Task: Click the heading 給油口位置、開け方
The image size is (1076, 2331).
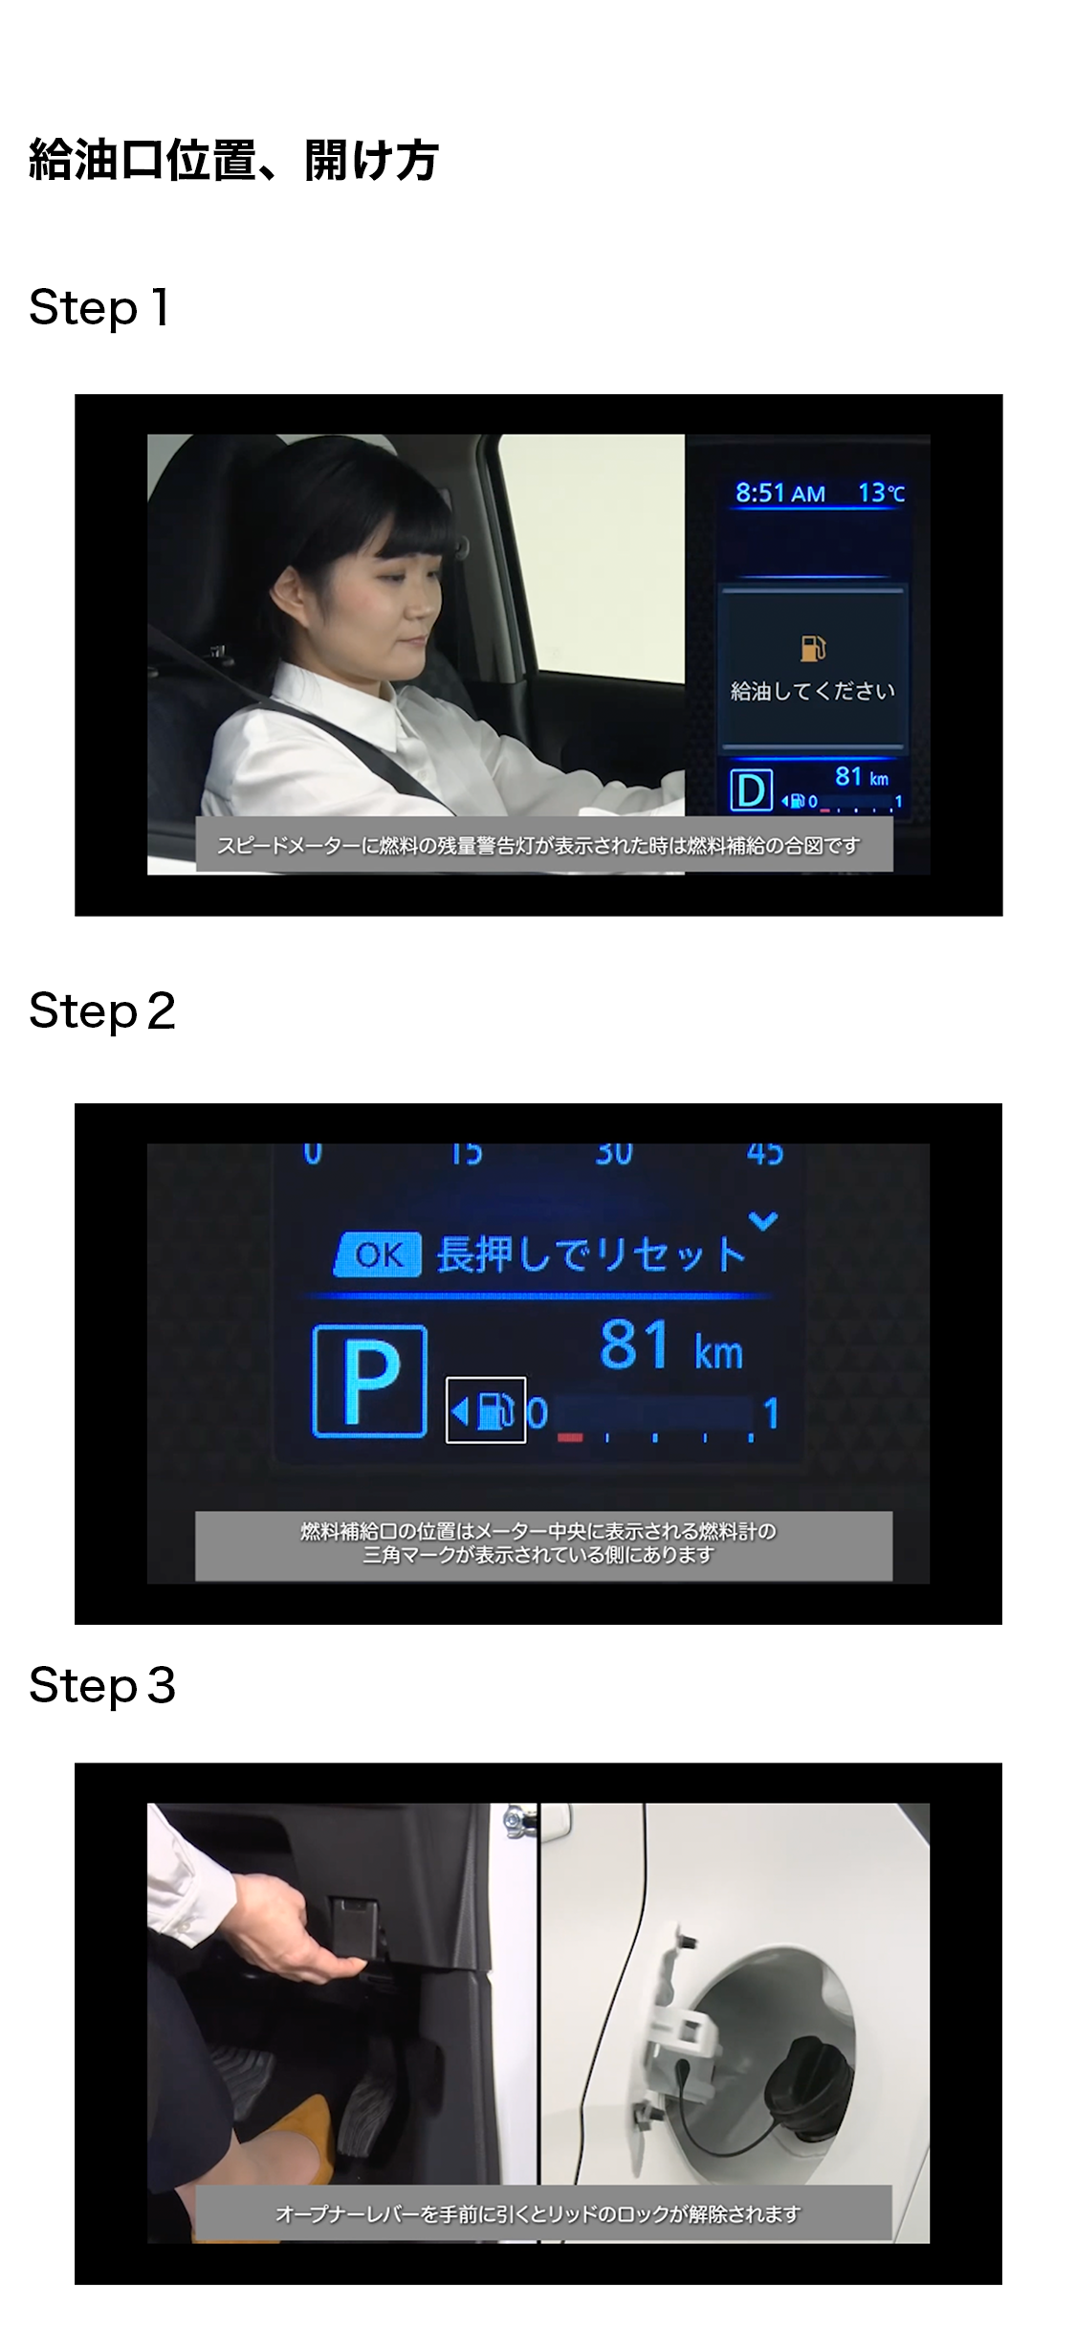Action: (x=233, y=160)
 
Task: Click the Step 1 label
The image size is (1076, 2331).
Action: (x=99, y=308)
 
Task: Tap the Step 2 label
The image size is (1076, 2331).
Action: (x=102, y=1011)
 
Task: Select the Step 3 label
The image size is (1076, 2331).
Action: (x=102, y=1685)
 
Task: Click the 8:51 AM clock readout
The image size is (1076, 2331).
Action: (x=780, y=493)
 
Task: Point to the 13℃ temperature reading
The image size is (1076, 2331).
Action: (x=881, y=493)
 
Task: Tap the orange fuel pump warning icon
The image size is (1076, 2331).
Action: (x=812, y=648)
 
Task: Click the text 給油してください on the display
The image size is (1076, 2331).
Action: (x=813, y=691)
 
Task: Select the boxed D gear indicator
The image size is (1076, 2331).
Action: (x=751, y=790)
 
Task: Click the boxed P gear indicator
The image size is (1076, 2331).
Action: (x=369, y=1380)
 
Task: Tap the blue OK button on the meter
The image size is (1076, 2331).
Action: (x=378, y=1254)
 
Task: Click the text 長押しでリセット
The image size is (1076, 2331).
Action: (x=591, y=1254)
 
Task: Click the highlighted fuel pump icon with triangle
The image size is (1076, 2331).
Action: (x=486, y=1410)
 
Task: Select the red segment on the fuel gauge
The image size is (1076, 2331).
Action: (x=570, y=1437)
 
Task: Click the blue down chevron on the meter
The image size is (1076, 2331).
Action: (x=763, y=1221)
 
